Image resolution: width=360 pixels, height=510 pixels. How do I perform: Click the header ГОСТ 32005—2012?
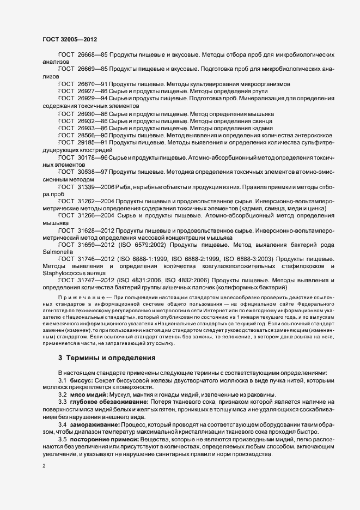click(x=70, y=39)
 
